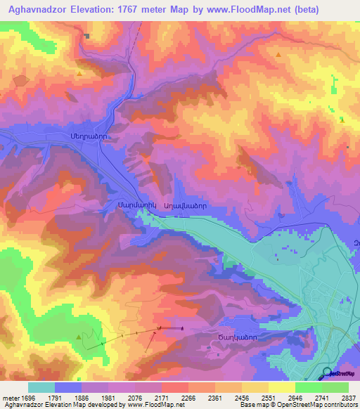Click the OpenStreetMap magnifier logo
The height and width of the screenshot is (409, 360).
pos(327,372)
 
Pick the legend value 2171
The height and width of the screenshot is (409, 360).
pos(162,397)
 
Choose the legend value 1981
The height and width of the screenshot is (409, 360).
pos(108,397)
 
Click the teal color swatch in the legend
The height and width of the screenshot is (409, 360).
pos(41,387)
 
